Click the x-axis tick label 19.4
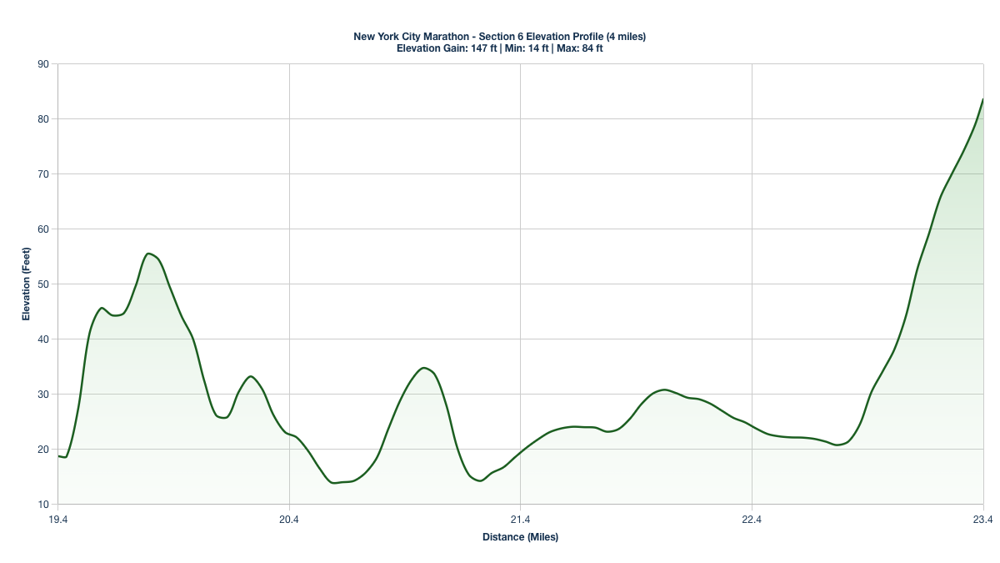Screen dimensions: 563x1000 pos(57,520)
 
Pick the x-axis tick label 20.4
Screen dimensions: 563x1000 pos(289,520)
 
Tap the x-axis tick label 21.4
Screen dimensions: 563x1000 pos(520,520)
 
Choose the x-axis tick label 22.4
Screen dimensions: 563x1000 pos(752,520)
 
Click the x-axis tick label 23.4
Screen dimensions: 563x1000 pos(982,520)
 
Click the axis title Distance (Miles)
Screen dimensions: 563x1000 pos(520,537)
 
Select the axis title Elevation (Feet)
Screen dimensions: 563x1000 pos(26,284)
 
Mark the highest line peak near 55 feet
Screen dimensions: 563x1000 pos(148,254)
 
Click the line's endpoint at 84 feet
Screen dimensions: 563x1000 pos(982,99)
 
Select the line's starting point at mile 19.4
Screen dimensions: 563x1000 pos(58,456)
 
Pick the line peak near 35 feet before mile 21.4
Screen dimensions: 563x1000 pos(424,368)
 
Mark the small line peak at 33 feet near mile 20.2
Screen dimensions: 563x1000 pos(251,376)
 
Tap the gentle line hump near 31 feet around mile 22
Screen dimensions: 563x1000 pos(663,390)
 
